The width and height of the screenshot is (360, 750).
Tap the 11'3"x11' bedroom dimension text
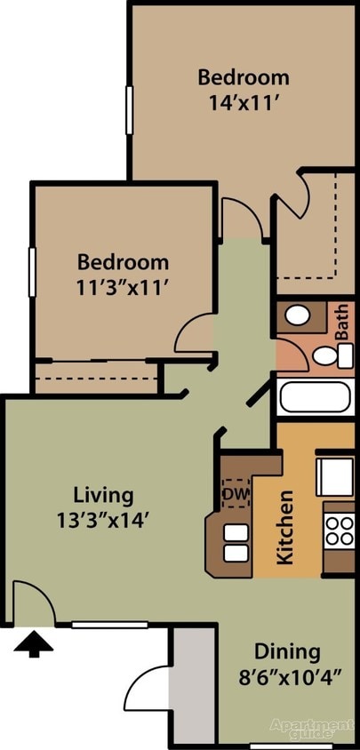pos(123,286)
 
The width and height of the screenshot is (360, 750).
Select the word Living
pos(103,494)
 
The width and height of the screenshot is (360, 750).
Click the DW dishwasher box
pos(236,493)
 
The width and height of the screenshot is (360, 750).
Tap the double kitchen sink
pos(236,543)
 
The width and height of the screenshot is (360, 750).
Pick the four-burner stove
pos(339,531)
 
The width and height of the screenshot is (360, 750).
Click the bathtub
pos(315,396)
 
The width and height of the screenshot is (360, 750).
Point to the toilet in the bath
pos(327,356)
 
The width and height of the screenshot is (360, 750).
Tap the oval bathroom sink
pos(299,315)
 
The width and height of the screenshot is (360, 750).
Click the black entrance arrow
pos(34,642)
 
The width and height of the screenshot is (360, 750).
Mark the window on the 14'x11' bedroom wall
pos(129,110)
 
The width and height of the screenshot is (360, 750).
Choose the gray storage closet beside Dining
pos(193,683)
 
